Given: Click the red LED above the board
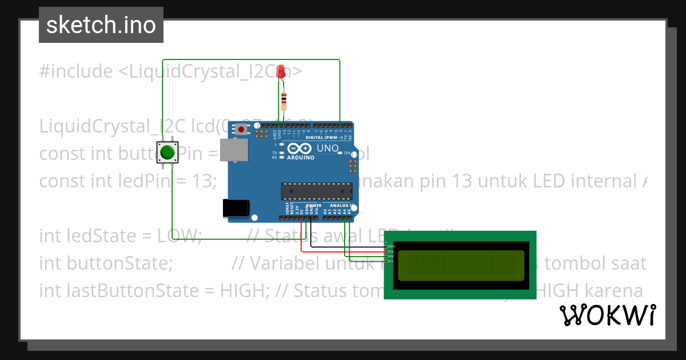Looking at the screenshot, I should point(281,71).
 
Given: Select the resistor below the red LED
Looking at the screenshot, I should point(284,102).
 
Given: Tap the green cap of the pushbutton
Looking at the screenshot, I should point(167,153).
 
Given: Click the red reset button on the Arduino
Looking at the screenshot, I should point(242,130).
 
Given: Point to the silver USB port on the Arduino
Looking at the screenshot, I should point(234,150).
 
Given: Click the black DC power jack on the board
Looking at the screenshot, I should point(235,207).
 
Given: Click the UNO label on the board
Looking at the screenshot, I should point(328,149).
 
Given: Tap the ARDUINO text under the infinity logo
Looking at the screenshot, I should point(300,158).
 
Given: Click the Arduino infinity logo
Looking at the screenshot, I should point(300,149).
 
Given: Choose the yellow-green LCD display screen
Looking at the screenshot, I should point(461,266).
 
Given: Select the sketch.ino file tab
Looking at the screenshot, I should point(101,25).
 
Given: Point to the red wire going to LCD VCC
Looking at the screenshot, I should point(343,251).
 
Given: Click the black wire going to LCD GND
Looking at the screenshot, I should point(349,247).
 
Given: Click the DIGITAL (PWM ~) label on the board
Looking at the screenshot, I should point(324,137).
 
